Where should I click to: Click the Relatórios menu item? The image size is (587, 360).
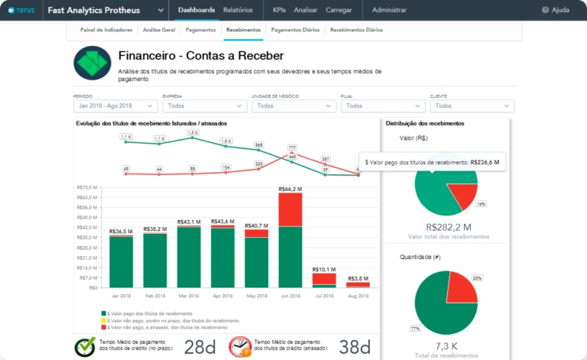238,10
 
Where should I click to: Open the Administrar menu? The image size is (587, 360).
389,10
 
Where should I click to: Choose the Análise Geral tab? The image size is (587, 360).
159,30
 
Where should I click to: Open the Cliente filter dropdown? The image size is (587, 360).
472,106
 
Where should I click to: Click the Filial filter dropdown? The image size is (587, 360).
382,106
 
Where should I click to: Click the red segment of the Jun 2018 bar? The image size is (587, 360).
290,209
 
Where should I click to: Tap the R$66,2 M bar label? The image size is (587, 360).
290,189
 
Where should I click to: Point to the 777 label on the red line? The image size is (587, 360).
292,147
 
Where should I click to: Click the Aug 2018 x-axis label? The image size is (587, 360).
358,294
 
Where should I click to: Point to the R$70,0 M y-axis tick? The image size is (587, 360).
87,187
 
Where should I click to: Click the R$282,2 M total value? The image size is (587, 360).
447,227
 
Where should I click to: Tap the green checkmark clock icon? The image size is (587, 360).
85,347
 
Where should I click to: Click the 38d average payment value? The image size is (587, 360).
354,347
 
